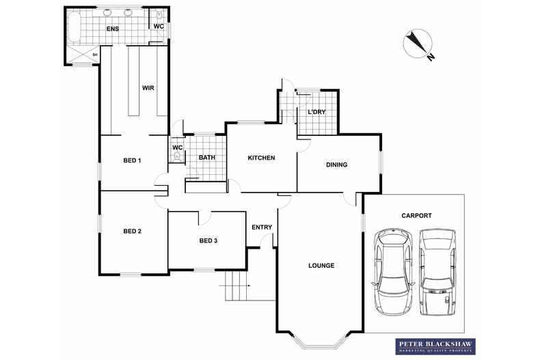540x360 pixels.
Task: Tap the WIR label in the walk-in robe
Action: coord(148,88)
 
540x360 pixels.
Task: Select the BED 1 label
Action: coord(132,161)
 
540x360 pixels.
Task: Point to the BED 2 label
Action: coord(132,231)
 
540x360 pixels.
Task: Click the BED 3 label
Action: coord(208,240)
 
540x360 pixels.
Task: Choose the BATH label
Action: coord(207,158)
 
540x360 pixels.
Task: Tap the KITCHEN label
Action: coord(261,158)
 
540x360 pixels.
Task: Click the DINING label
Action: coord(336,165)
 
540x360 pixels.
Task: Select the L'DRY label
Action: coord(317,112)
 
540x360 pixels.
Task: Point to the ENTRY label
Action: coord(262,227)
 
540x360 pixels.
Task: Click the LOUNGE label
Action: coord(321,265)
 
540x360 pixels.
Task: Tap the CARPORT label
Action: coord(416,216)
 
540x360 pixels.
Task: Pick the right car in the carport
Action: coord(437,269)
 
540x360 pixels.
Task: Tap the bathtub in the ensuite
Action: coord(74,30)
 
